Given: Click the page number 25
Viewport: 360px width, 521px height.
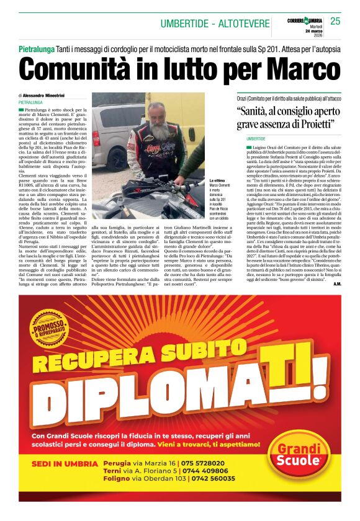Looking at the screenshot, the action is coord(335,21).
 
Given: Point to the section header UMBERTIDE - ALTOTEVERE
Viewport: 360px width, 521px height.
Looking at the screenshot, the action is coord(214,24).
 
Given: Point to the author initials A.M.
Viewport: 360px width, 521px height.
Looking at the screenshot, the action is coord(337,283).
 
